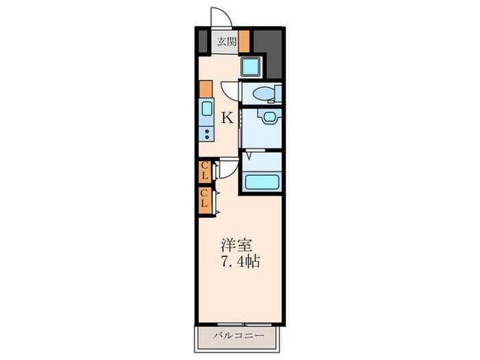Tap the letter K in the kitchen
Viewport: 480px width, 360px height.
click(x=226, y=118)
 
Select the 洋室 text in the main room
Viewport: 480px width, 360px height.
click(x=235, y=245)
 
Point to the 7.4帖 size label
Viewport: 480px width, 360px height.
click(x=240, y=263)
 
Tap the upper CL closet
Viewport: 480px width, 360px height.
click(x=204, y=171)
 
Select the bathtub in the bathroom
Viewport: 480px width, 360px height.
click(x=261, y=182)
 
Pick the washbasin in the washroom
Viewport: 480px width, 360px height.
click(x=264, y=117)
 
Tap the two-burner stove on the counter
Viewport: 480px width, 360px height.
click(x=206, y=132)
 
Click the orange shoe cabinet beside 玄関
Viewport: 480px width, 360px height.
click(x=243, y=42)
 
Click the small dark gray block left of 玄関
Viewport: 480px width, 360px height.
click(x=204, y=42)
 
